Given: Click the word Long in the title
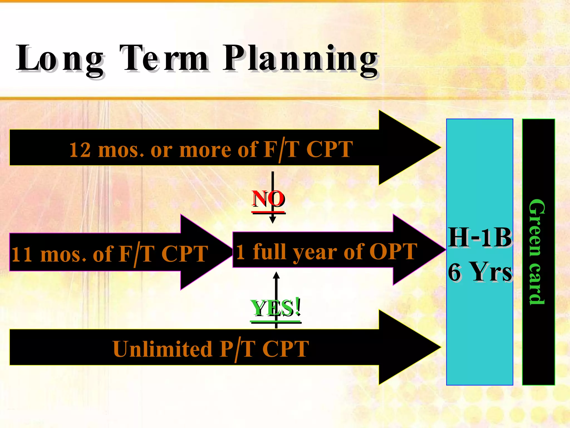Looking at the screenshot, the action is [x=60, y=59].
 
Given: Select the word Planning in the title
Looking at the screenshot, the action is [x=301, y=59].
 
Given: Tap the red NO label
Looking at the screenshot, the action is [x=268, y=199].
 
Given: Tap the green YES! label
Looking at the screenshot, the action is [x=276, y=308].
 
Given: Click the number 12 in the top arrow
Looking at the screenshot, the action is [x=80, y=150].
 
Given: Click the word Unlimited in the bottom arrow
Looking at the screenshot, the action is [x=163, y=349].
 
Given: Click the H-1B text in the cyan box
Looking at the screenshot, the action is [x=480, y=237].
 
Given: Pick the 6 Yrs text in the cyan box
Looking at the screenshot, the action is [x=480, y=272].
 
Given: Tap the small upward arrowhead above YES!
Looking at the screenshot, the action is [x=276, y=275].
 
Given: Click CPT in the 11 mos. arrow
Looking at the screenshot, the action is [x=185, y=254].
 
